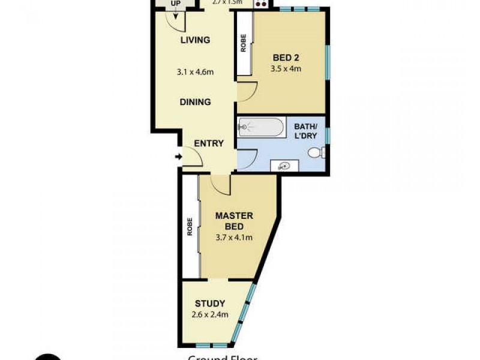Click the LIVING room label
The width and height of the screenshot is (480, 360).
pos(196,40)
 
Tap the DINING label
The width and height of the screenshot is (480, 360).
pos(196,102)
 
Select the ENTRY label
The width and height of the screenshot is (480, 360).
pos(209,143)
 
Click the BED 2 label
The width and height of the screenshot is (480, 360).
pos(286,58)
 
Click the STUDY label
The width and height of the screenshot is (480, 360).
pos(210,303)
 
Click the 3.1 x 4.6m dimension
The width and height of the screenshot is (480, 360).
pos(196,72)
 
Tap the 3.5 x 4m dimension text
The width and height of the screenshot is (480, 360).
pos(286,68)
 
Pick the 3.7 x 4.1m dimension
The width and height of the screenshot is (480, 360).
pos(234,237)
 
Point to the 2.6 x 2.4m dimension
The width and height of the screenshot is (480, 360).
pos(210,314)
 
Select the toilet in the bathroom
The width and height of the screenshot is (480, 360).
pos(316,153)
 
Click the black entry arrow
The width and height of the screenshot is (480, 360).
pos(178,157)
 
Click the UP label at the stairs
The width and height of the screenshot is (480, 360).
pos(176,3)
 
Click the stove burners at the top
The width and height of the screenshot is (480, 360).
pos(262,3)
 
